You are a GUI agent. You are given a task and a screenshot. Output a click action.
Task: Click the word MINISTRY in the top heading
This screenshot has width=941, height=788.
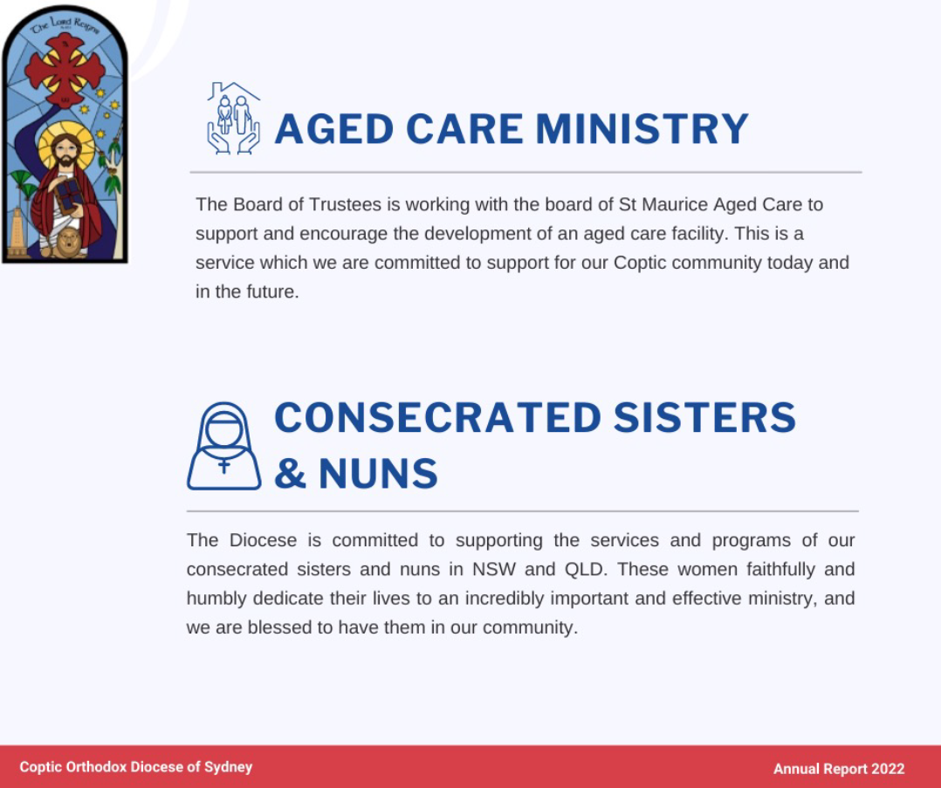pyautogui.click(x=642, y=129)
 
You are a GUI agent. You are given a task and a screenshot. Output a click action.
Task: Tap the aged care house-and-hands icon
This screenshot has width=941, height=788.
pyautogui.click(x=233, y=118)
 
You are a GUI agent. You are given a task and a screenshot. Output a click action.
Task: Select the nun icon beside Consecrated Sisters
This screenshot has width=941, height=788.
pyautogui.click(x=223, y=446)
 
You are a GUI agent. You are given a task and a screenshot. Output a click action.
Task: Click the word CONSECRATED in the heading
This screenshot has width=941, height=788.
pyautogui.click(x=437, y=418)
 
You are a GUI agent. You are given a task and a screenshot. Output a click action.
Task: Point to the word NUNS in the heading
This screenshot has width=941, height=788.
pyautogui.click(x=378, y=474)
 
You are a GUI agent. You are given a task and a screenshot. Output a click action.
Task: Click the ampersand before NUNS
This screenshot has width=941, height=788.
pyautogui.click(x=291, y=474)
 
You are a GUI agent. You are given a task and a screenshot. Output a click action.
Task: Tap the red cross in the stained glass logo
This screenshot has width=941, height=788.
pyautogui.click(x=65, y=70)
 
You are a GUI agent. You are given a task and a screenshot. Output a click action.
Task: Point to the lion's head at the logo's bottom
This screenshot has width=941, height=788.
pyautogui.click(x=67, y=242)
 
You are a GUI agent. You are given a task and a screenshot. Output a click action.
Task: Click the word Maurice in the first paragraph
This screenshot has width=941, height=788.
pyautogui.click(x=675, y=205)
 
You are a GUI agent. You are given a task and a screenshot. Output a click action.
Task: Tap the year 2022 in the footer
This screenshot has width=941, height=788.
pyautogui.click(x=888, y=769)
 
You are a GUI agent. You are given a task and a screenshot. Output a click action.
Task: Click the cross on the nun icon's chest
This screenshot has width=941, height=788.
pyautogui.click(x=223, y=466)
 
